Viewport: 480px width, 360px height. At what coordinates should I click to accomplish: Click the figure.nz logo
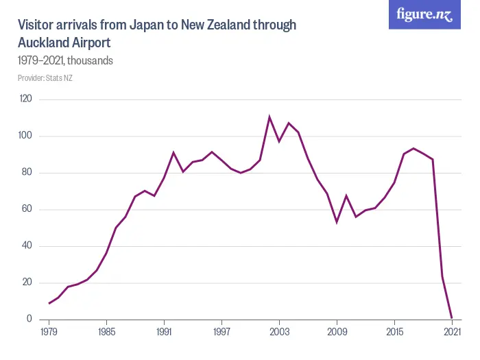(424, 14)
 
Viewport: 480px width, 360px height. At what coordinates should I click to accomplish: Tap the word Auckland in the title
(43, 43)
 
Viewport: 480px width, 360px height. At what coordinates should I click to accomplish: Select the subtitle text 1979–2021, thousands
(65, 61)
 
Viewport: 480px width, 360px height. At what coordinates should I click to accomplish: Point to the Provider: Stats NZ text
(45, 78)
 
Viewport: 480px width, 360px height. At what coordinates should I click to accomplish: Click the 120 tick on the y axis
(26, 99)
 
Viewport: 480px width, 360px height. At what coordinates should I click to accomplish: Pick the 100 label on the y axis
(26, 136)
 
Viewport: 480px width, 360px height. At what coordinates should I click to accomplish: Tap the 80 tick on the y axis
(27, 173)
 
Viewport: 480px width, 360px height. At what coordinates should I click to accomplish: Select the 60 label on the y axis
(27, 210)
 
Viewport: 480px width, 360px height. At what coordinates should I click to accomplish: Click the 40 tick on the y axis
(27, 246)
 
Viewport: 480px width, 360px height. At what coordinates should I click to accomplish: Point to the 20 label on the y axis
(27, 283)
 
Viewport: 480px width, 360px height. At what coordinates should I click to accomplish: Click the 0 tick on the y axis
(29, 320)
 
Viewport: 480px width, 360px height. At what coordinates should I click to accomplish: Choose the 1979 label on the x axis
(49, 333)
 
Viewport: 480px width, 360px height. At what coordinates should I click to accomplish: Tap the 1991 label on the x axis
(164, 333)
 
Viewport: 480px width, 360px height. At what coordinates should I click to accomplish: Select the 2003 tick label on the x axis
(279, 333)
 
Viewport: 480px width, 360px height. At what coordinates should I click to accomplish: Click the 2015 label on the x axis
(394, 333)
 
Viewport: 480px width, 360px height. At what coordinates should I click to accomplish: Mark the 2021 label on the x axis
(451, 333)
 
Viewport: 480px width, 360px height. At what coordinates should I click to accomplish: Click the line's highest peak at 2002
(269, 117)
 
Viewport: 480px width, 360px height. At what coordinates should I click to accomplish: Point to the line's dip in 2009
(337, 222)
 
